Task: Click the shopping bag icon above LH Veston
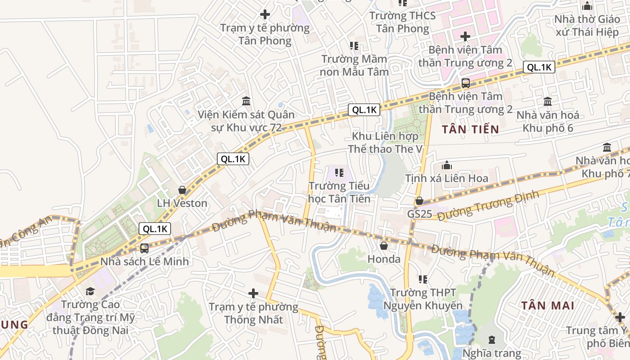tap(182, 190)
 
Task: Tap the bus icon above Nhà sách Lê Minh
tap(144, 248)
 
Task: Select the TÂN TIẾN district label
tap(470, 130)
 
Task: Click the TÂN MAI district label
tap(548, 306)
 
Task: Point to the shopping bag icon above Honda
tap(384, 246)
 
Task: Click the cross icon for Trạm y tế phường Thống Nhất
tap(253, 294)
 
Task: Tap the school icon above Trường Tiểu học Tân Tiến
tap(339, 172)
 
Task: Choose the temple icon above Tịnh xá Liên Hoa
tap(446, 166)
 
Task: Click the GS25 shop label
tap(419, 214)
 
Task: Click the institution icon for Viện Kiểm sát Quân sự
tap(246, 101)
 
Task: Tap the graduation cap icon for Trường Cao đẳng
tap(90, 291)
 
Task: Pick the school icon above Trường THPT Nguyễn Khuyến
tap(423, 279)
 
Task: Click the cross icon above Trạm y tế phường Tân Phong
tap(265, 14)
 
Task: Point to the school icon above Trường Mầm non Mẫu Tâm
tap(354, 46)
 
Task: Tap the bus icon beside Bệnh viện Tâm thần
tap(465, 83)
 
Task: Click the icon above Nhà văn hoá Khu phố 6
tap(548, 102)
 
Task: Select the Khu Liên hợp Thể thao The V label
tap(385, 142)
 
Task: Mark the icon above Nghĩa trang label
tap(491, 339)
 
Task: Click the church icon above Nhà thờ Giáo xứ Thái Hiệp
tap(587, 6)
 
